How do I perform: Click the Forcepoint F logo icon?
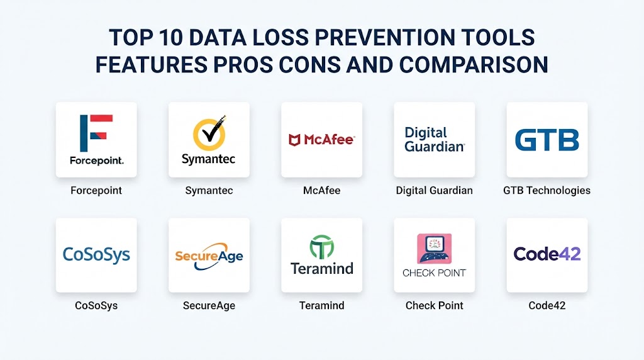point(96,133)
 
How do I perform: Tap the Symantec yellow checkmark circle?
point(209,134)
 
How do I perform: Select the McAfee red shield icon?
point(294,140)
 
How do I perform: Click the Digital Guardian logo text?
point(435,139)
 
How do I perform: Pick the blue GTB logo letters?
point(547,140)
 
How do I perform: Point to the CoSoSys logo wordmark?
point(96,255)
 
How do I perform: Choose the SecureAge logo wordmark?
point(209,256)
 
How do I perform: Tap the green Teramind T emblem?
point(321,247)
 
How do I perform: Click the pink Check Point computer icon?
point(434,249)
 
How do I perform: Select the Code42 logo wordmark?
point(547,254)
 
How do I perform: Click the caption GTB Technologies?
point(547,190)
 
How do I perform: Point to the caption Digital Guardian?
point(434,190)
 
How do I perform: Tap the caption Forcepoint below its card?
point(96,190)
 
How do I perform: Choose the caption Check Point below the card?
point(434,305)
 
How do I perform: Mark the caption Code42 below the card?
point(547,305)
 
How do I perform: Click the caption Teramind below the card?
point(321,305)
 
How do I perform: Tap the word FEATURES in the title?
point(151,65)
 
